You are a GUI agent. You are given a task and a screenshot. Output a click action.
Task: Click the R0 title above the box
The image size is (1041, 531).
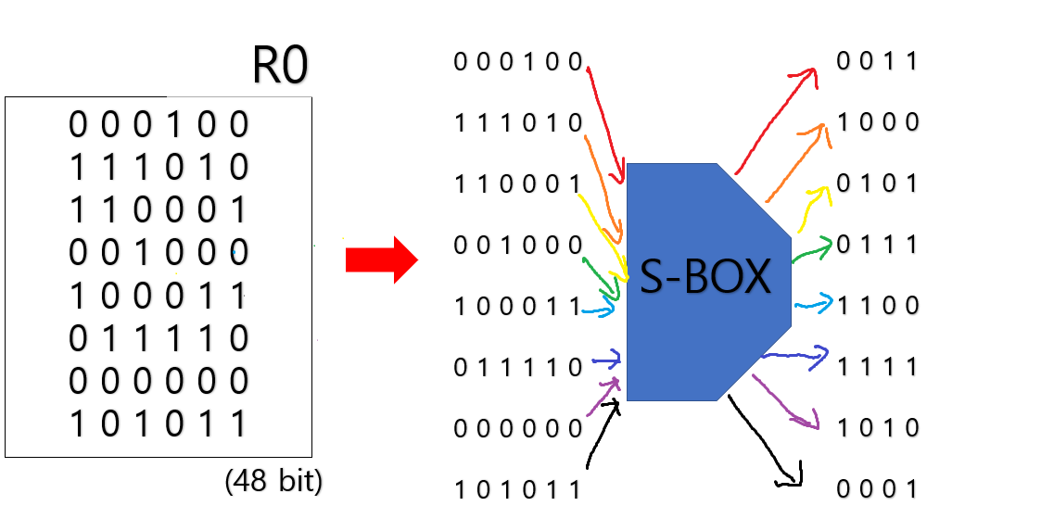(x=280, y=66)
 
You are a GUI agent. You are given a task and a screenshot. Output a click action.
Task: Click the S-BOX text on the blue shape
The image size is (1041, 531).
(x=705, y=277)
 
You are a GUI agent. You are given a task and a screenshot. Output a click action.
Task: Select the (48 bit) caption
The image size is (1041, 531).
(x=273, y=483)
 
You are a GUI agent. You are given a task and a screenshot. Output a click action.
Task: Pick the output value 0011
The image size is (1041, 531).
(x=877, y=62)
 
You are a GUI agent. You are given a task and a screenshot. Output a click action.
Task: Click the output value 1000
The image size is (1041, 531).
(x=877, y=123)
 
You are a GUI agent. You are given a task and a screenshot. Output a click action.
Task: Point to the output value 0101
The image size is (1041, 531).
(x=877, y=183)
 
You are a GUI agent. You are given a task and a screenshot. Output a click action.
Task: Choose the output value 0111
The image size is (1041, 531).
(x=877, y=246)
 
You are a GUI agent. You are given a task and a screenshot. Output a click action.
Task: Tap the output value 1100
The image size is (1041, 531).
(x=877, y=306)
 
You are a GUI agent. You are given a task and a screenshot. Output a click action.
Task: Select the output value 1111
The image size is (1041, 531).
(x=877, y=367)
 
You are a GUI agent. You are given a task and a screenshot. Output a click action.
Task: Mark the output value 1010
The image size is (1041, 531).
(x=877, y=428)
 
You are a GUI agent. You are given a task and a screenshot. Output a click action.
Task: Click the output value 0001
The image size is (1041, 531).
(x=877, y=489)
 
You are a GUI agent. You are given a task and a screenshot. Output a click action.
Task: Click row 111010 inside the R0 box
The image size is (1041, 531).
(x=159, y=167)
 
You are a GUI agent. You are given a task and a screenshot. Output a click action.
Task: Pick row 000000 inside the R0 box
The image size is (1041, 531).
(x=159, y=381)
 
